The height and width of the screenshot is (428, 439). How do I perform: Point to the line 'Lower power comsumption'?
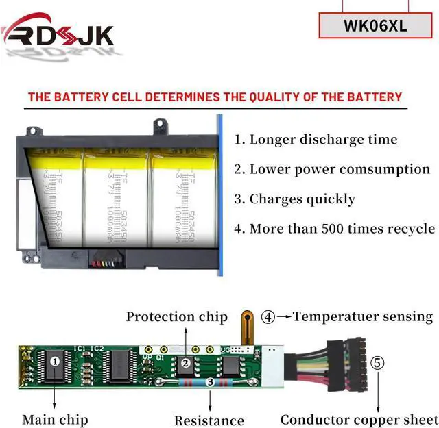click(x=331, y=169)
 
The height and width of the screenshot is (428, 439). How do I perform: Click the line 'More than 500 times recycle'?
click(x=334, y=229)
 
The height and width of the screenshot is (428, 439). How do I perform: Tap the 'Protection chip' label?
click(x=176, y=317)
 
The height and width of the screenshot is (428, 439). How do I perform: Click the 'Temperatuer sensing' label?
click(x=363, y=317)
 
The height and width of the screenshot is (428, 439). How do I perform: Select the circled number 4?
click(x=268, y=317)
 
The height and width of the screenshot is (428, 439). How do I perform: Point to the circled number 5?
click(x=378, y=363)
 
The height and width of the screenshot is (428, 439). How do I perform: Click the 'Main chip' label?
click(x=55, y=419)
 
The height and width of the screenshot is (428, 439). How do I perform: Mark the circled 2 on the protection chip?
click(x=185, y=364)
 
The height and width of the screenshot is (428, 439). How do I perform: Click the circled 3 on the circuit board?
click(x=209, y=383)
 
